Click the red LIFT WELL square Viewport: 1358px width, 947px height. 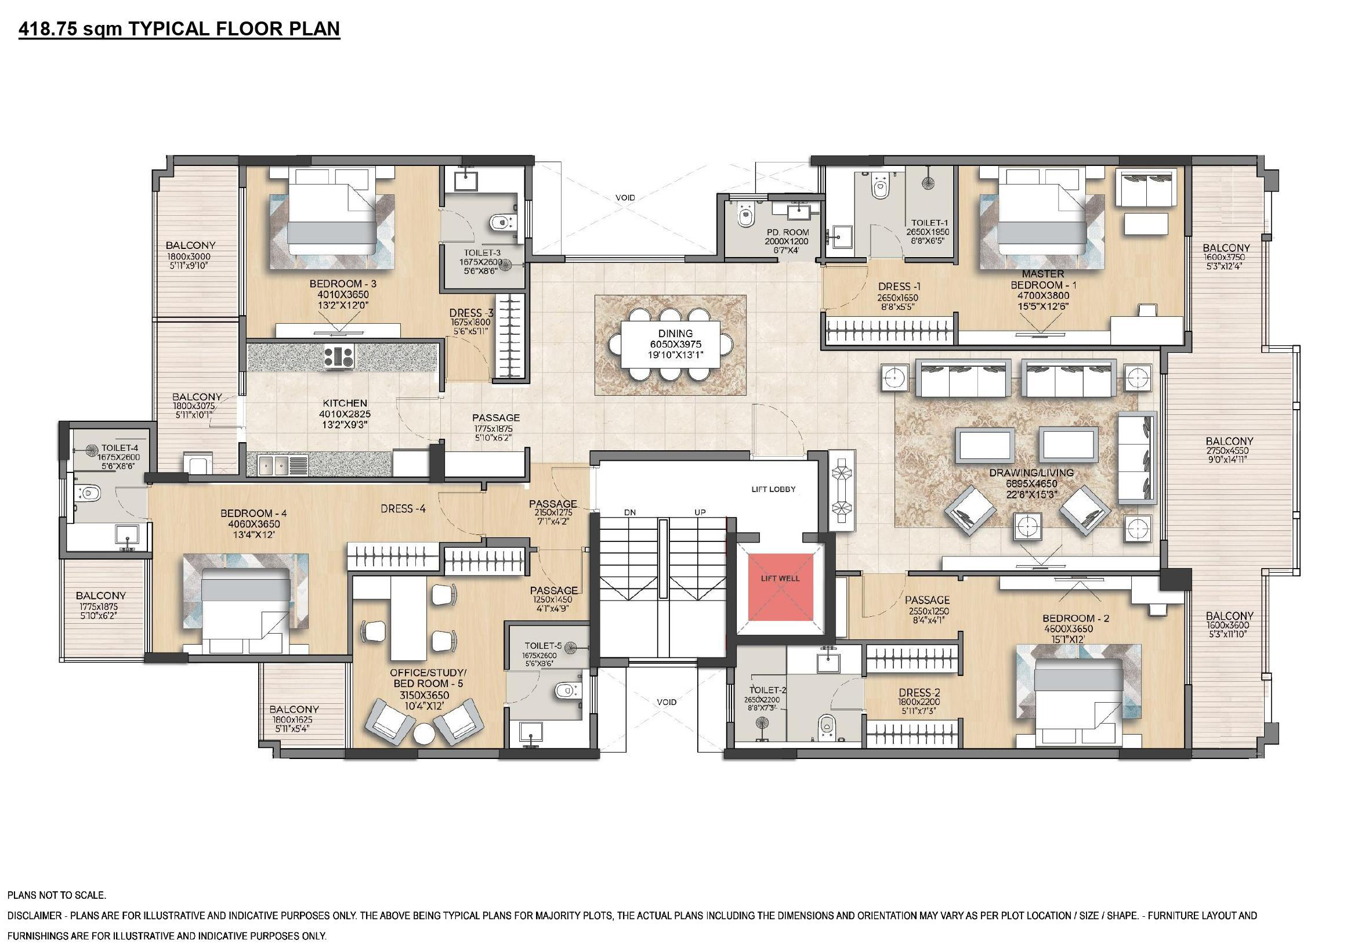(780, 587)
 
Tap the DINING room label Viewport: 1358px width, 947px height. (675, 334)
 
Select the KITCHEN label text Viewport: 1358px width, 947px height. (345, 403)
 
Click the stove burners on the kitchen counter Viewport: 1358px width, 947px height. (339, 357)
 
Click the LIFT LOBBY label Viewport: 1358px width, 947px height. (774, 489)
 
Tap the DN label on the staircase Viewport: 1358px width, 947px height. (629, 512)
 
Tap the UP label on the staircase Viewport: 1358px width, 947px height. (700, 512)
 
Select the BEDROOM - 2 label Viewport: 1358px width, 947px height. (1076, 619)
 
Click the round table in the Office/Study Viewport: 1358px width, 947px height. (425, 735)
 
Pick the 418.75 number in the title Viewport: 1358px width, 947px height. (48, 28)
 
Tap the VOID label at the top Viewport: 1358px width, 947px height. (625, 197)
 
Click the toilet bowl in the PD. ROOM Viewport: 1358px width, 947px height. (746, 216)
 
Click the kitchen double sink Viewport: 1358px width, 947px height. (274, 465)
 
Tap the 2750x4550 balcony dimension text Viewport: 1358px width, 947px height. (1229, 451)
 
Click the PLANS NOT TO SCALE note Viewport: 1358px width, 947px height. (57, 895)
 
